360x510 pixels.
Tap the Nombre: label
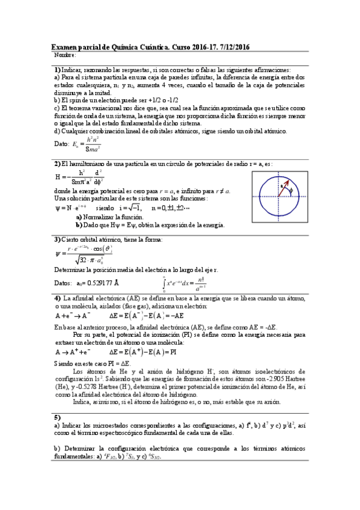click(65, 55)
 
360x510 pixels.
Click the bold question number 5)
click(58, 417)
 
